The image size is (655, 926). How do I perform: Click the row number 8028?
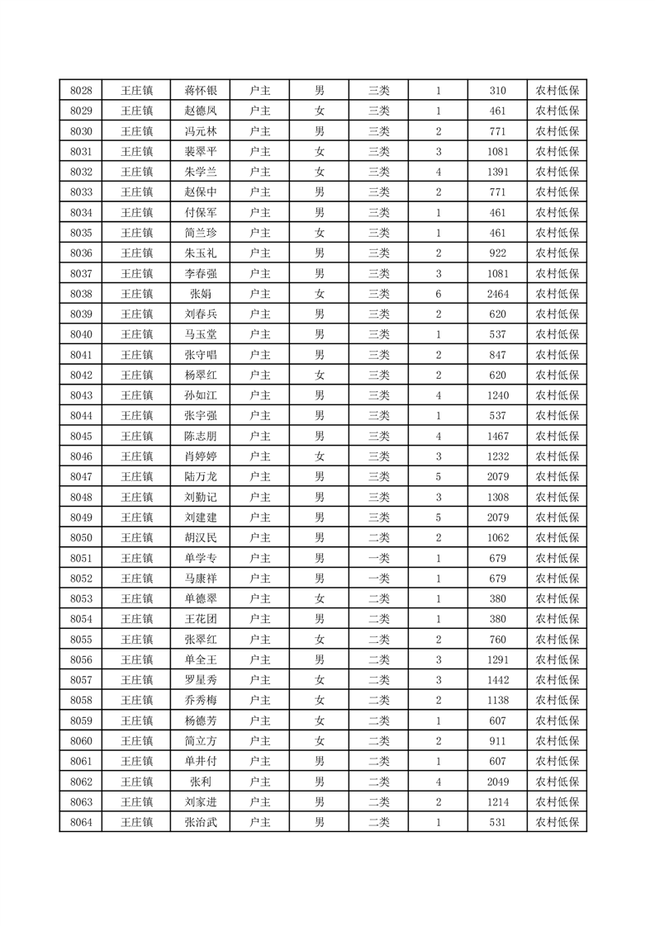coord(81,91)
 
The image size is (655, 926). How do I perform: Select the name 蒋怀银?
coord(200,91)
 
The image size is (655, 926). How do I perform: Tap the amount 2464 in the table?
coord(497,294)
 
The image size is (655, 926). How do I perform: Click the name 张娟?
coord(200,294)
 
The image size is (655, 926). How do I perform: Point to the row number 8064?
coord(81,822)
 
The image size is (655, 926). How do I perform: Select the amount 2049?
coord(497,782)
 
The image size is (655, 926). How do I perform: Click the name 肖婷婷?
coord(200,456)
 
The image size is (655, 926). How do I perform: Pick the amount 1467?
coord(497,436)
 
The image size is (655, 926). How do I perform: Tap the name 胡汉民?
coord(200,537)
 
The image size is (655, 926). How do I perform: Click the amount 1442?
coord(497,680)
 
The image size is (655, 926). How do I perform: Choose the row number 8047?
coord(81,476)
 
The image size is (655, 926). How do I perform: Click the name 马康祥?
coord(200,578)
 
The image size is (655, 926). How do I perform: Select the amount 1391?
coord(497,172)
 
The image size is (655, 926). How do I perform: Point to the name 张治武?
coord(200,822)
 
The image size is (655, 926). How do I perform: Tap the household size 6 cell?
coord(438,294)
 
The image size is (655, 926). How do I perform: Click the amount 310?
coord(497,91)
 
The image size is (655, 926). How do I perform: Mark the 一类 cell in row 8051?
coord(378,558)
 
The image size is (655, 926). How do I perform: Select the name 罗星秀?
coord(200,680)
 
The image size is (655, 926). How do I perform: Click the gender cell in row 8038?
coord(319,294)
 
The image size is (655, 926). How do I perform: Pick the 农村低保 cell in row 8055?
coord(557,639)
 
